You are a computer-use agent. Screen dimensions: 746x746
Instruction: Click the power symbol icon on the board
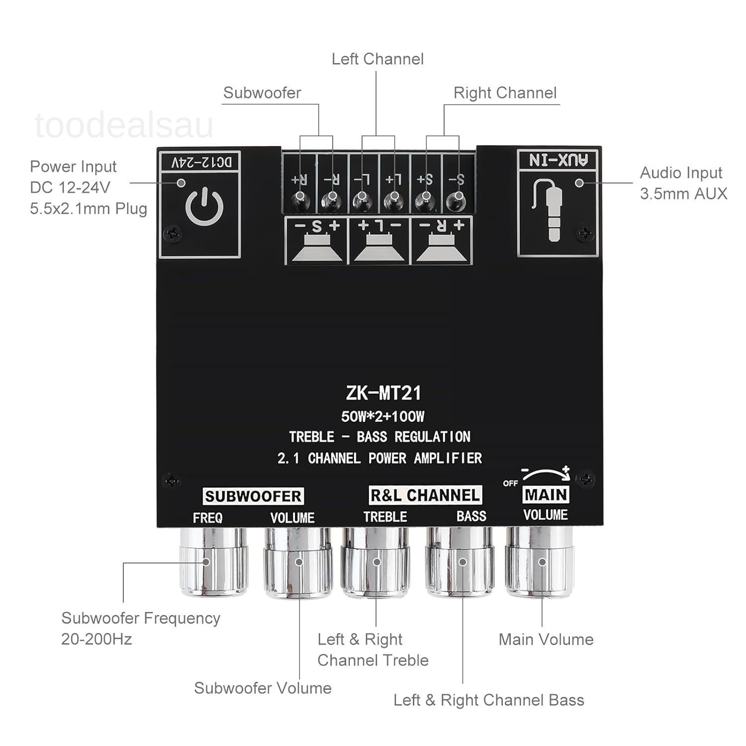(x=204, y=208)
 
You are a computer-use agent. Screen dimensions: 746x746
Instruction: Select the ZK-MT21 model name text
(x=383, y=393)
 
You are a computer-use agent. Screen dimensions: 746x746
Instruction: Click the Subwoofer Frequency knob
(x=213, y=562)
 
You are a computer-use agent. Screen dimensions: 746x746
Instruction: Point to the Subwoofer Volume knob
(x=297, y=562)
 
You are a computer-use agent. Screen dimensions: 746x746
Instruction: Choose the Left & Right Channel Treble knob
(x=376, y=562)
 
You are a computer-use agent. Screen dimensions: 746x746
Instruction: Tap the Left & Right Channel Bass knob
(x=461, y=562)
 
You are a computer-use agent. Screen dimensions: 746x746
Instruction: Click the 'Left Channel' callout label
(x=377, y=59)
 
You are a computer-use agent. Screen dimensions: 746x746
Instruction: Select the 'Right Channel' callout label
(x=505, y=93)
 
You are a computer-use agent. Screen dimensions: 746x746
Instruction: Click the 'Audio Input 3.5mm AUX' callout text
(x=683, y=183)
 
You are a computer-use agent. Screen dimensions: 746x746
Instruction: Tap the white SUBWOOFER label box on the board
(x=253, y=496)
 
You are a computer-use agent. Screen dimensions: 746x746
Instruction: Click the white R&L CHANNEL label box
(x=425, y=495)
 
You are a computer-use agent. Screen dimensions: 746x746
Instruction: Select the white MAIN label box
(x=546, y=494)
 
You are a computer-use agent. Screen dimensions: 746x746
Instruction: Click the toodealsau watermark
(x=124, y=126)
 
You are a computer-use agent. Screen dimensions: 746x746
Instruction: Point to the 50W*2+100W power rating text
(x=382, y=416)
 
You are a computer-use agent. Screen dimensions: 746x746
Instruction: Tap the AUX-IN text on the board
(x=558, y=160)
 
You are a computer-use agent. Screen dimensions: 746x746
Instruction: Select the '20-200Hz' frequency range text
(x=96, y=639)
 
